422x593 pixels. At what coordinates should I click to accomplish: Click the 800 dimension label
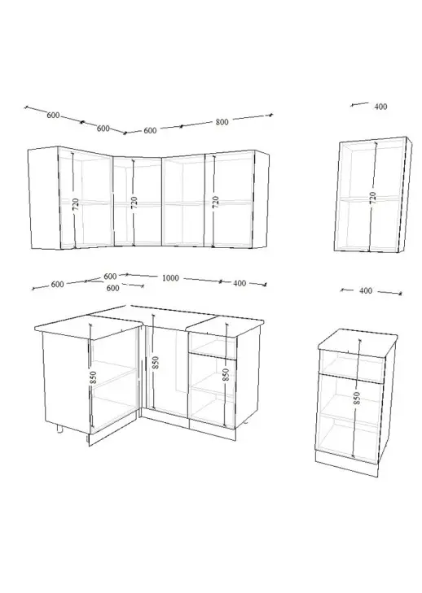(x=222, y=122)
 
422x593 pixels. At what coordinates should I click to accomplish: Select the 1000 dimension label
(x=170, y=278)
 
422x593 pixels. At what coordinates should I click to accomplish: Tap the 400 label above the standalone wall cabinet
(x=380, y=107)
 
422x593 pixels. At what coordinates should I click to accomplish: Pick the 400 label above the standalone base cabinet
(x=366, y=291)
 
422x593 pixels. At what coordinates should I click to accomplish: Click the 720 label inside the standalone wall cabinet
(x=373, y=197)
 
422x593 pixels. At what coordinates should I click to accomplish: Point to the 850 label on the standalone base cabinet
(x=357, y=399)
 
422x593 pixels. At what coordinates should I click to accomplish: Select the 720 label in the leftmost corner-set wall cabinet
(x=76, y=204)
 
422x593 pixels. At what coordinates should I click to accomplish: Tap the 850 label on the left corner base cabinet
(x=93, y=377)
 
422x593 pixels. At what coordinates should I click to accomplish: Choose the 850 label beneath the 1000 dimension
(x=156, y=363)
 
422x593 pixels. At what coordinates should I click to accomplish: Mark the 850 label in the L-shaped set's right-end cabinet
(x=226, y=374)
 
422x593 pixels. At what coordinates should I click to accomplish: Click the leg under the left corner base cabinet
(x=59, y=428)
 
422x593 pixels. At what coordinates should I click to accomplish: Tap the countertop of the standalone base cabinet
(x=357, y=340)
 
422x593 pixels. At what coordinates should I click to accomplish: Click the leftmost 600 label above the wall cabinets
(x=53, y=115)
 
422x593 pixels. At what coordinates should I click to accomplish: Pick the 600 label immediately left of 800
(x=150, y=130)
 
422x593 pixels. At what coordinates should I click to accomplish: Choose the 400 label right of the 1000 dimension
(x=240, y=283)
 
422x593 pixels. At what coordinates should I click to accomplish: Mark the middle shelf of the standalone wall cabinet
(x=369, y=198)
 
